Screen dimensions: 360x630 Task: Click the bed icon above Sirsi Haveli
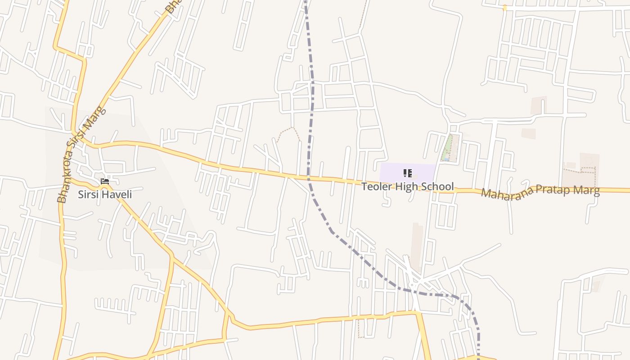[x=105, y=181]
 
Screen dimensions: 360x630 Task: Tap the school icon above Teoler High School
[x=407, y=173]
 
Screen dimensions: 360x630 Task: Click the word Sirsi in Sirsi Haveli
[x=88, y=195]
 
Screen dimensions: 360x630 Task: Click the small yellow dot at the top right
[x=505, y=8]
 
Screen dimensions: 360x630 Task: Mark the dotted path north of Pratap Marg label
[x=580, y=171]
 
